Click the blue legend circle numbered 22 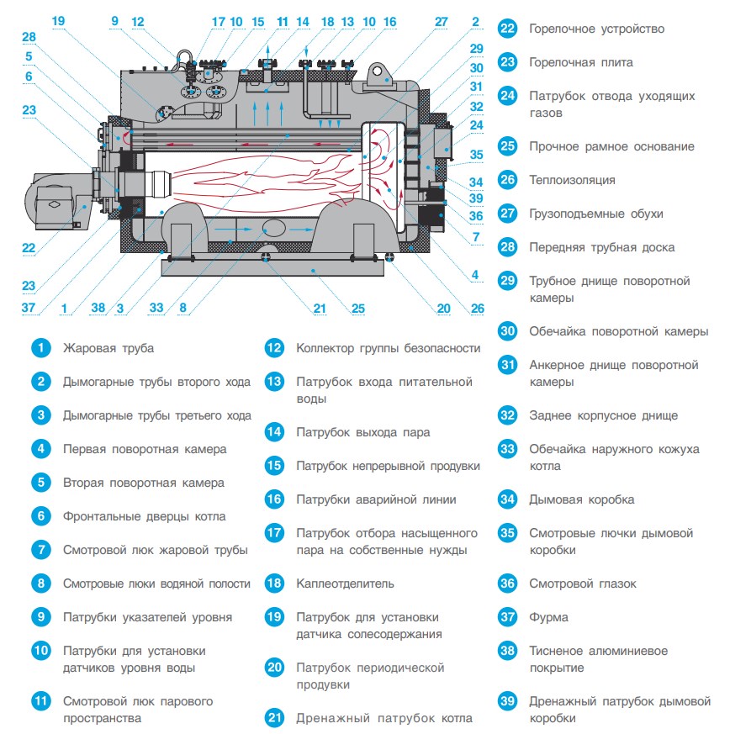click(x=508, y=29)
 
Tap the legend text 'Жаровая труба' click(x=108, y=348)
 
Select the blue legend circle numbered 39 click(x=508, y=701)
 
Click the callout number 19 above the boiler click(x=58, y=21)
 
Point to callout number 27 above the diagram click(x=441, y=22)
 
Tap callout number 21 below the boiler click(x=320, y=309)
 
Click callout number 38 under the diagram click(x=98, y=308)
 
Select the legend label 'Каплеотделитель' click(x=345, y=584)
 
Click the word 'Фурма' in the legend click(x=549, y=617)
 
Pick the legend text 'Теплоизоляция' click(x=572, y=180)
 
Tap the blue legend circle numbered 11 click(x=41, y=701)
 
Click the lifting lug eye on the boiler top click(x=377, y=71)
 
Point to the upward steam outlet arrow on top click(x=267, y=52)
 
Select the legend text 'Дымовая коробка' click(x=582, y=499)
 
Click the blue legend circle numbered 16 click(x=274, y=499)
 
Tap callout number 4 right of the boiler click(x=475, y=275)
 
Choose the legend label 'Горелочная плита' click(x=581, y=62)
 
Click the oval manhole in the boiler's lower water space click(x=274, y=229)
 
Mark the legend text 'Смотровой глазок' click(x=583, y=584)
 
